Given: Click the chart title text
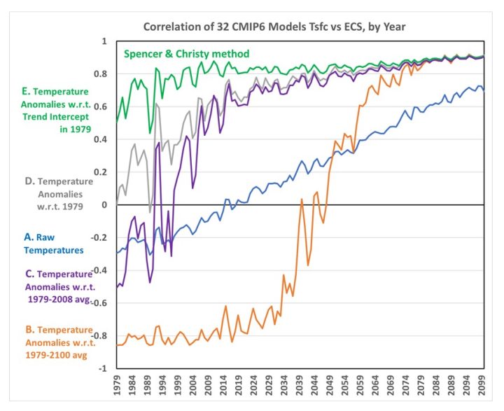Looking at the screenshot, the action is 274,27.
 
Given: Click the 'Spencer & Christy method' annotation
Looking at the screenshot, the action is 186,54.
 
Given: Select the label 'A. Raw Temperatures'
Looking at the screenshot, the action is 54,244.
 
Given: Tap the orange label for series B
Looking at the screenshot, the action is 60,342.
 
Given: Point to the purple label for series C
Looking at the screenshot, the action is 60,286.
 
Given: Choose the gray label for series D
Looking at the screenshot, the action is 59,194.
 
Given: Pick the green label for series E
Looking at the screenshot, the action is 56,111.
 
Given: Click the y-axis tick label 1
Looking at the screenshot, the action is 104,41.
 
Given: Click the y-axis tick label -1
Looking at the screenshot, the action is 103,368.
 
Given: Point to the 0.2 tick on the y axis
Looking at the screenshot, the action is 100,172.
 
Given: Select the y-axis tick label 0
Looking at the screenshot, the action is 104,205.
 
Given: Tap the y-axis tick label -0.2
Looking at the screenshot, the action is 99,237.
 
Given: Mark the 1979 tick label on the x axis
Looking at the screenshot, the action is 117,384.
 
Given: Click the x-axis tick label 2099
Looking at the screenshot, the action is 482,384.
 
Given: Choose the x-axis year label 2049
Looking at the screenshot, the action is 330,384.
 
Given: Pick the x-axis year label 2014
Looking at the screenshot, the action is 223,384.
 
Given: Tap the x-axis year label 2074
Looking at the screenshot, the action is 406,384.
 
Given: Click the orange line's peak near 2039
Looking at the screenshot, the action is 302,199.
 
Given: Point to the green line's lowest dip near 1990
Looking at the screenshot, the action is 150,133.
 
